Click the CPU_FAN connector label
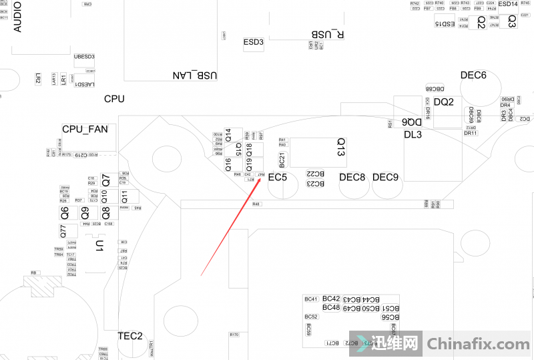pos(85,129)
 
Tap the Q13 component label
pos(341,148)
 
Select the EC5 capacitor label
pos(278,178)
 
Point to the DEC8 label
pos(352,177)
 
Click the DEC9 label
pos(385,177)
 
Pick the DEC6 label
pos(473,75)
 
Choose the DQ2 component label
pos(444,102)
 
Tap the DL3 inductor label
pos(413,134)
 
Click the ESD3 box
pos(254,42)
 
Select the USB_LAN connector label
pos(195,75)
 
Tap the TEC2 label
pos(130,335)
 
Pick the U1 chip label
pos(99,246)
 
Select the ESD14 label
pos(507,4)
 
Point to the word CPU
pos(114,99)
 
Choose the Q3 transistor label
pos(511,21)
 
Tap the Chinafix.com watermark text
pos(477,345)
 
